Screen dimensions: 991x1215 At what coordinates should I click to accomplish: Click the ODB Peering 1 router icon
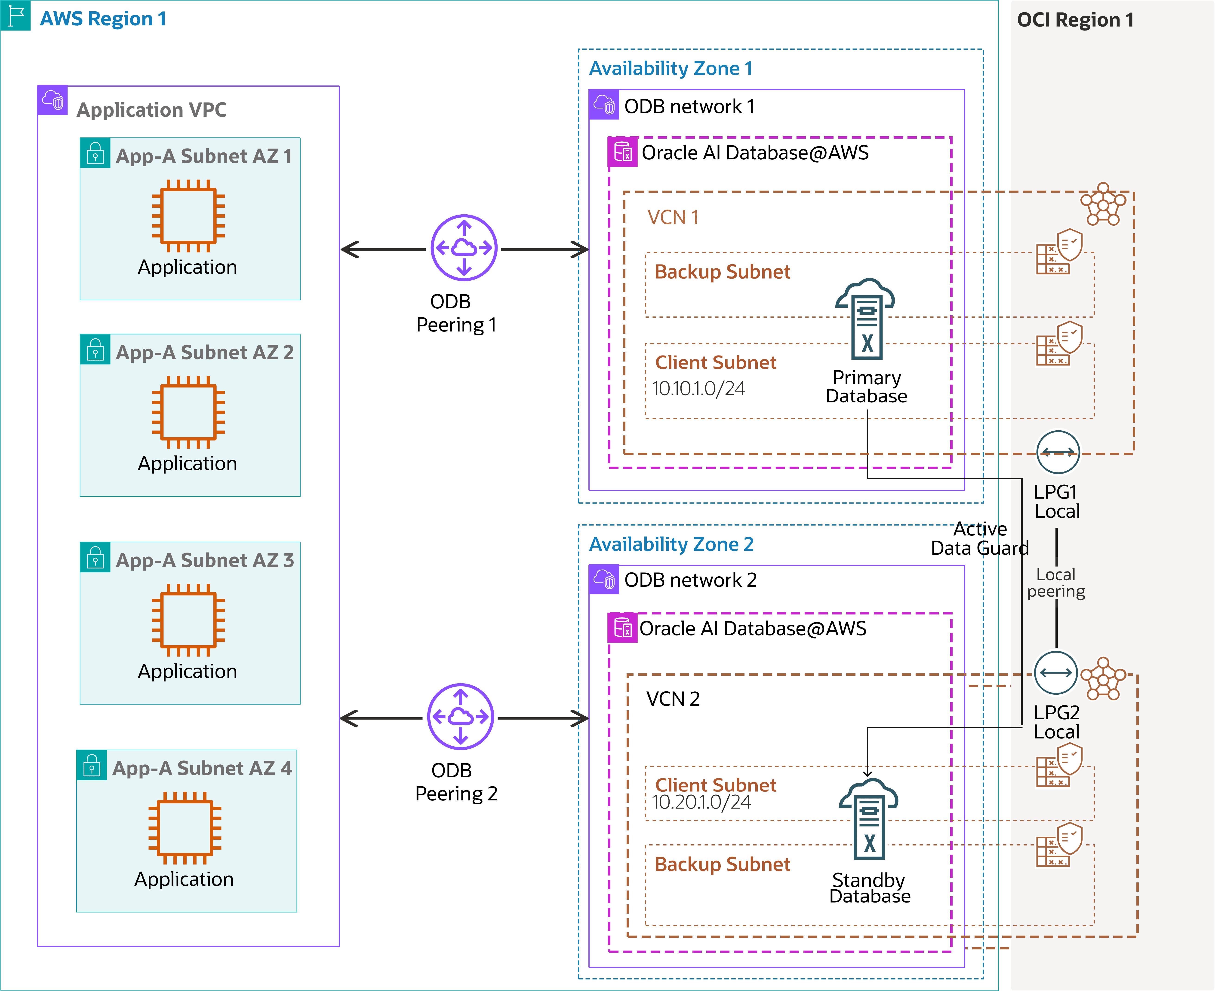[x=464, y=248]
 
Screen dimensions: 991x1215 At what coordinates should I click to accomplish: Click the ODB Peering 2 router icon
[x=460, y=716]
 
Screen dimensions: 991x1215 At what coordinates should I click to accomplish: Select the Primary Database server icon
[x=866, y=320]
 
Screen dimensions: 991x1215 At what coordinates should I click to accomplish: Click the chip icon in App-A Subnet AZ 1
[x=188, y=216]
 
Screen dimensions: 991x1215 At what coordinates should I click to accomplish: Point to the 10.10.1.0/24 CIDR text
[x=698, y=389]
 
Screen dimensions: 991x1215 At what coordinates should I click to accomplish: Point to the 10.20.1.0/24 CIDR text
[x=701, y=802]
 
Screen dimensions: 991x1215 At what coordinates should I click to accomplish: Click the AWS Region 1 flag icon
[x=15, y=15]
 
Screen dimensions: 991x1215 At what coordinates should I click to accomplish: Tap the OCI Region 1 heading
[x=1075, y=20]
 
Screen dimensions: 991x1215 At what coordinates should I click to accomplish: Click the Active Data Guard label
[x=980, y=538]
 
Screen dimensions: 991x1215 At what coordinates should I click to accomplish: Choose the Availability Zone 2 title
[x=671, y=544]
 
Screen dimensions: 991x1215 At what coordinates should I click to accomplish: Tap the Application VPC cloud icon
[x=52, y=100]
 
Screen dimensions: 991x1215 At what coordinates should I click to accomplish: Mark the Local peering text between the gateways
[x=1056, y=583]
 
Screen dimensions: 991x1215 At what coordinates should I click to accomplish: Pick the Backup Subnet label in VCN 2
[x=722, y=864]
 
